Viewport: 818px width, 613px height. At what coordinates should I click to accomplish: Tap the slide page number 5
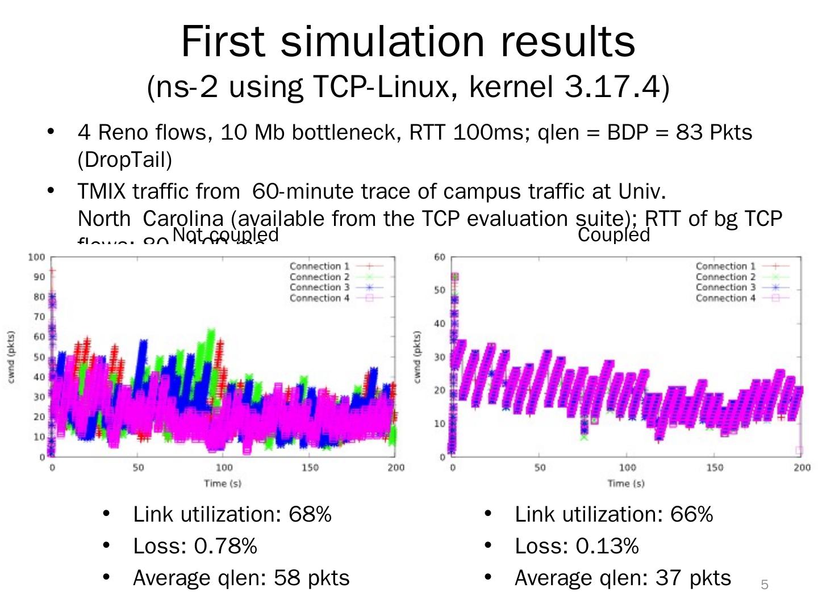[765, 585]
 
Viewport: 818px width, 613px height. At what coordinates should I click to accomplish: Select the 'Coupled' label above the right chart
[613, 235]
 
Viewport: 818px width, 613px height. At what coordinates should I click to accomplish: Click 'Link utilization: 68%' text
[232, 514]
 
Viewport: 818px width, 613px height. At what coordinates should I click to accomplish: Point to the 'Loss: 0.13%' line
[576, 546]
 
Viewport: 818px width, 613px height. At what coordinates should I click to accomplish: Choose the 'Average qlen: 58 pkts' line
[241, 578]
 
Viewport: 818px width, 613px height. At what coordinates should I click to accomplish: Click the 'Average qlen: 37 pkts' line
[623, 578]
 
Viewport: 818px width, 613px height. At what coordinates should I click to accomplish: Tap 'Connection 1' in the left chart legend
[319, 266]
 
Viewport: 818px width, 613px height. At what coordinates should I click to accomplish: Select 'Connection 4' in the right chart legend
[725, 298]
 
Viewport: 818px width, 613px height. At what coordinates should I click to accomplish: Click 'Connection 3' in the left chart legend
[319, 287]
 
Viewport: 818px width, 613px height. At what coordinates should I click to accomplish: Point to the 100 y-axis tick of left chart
[37, 257]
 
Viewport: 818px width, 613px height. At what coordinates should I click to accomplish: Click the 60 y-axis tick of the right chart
[440, 257]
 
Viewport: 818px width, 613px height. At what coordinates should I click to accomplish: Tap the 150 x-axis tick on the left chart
[310, 468]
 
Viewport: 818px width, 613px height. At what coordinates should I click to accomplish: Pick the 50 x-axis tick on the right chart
[540, 468]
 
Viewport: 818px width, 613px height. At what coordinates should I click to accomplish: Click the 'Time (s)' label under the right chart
[626, 484]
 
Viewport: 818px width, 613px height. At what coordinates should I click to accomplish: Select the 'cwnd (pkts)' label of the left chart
[12, 357]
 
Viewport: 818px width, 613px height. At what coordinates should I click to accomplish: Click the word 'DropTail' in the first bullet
[124, 160]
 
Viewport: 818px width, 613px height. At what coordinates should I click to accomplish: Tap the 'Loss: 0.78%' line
[194, 546]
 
